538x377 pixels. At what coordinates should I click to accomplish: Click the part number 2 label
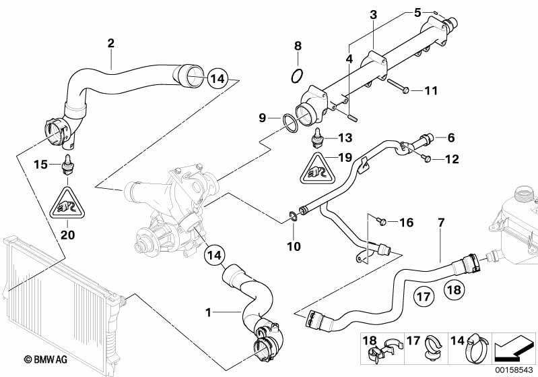click(x=110, y=43)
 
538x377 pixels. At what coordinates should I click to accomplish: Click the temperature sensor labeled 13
click(x=318, y=138)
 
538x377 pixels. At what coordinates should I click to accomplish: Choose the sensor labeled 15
click(x=67, y=165)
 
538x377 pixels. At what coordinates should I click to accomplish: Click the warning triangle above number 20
click(x=67, y=204)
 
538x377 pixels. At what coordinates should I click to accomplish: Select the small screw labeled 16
click(x=381, y=221)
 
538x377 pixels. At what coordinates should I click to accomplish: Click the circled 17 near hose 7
click(x=424, y=296)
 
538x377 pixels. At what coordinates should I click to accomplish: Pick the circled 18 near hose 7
click(x=455, y=290)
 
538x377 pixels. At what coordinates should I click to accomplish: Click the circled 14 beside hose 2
click(x=217, y=79)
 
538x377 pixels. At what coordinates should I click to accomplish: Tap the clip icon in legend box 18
click(x=382, y=351)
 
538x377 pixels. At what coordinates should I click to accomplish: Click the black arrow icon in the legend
click(x=512, y=349)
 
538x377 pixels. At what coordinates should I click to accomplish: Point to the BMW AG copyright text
click(x=46, y=359)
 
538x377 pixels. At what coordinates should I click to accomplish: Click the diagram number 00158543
click(x=514, y=370)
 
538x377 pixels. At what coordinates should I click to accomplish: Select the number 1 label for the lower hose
click(x=208, y=312)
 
